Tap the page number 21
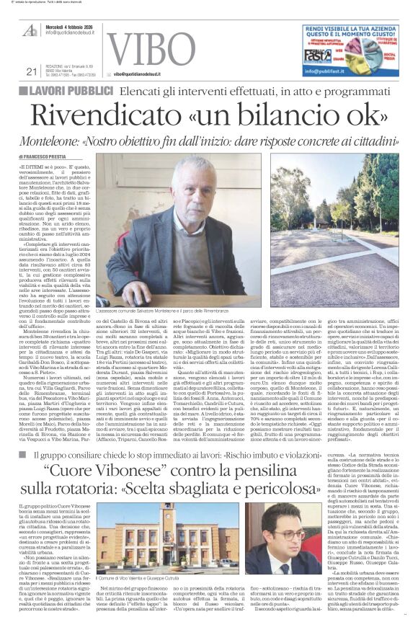coord(31,71)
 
